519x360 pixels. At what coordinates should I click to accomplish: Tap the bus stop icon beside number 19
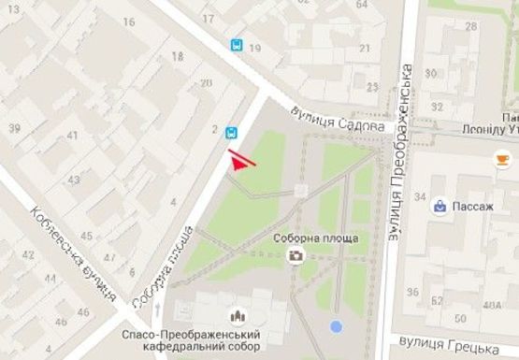click(x=237, y=44)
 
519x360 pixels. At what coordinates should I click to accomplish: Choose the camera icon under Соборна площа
click(x=296, y=254)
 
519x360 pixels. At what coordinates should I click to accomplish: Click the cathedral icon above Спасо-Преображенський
click(x=236, y=315)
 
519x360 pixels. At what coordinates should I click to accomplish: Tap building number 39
click(x=13, y=127)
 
